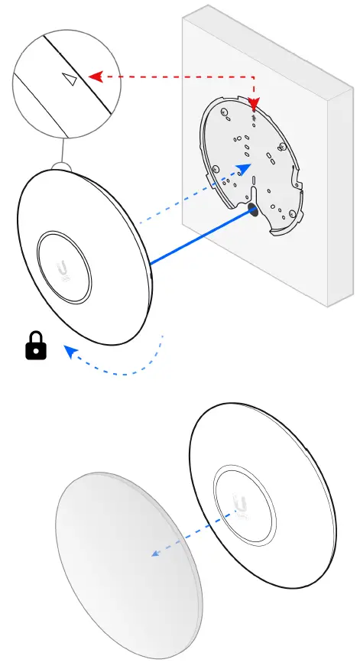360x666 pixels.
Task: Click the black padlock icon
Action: (36, 349)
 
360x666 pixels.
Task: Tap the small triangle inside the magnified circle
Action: (70, 80)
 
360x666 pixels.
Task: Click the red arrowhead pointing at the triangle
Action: (95, 76)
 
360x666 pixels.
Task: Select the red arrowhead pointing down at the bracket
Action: (255, 104)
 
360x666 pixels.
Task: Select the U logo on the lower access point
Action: (243, 505)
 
